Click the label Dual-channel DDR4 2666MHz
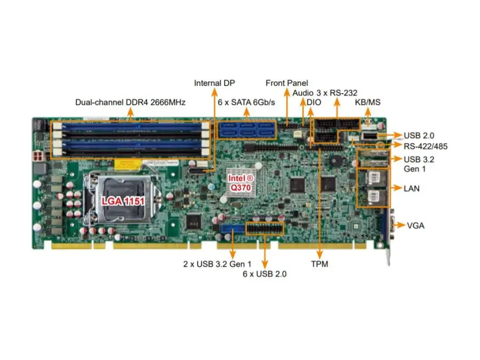pyautogui.click(x=131, y=102)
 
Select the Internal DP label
pyautogui.click(x=214, y=83)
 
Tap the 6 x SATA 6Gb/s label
pyautogui.click(x=246, y=102)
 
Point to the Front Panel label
pyautogui.click(x=287, y=83)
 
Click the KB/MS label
pyautogui.click(x=368, y=102)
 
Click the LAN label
pyautogui.click(x=412, y=188)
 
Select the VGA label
pyautogui.click(x=415, y=226)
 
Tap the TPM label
pyautogui.click(x=319, y=264)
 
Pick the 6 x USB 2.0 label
pyautogui.click(x=265, y=274)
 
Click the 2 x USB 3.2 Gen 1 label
pyautogui.click(x=217, y=264)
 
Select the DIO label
pyautogui.click(x=314, y=102)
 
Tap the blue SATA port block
pyautogui.click(x=246, y=130)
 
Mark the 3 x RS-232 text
pyautogui.click(x=335, y=92)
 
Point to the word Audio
pyautogui.click(x=303, y=92)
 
